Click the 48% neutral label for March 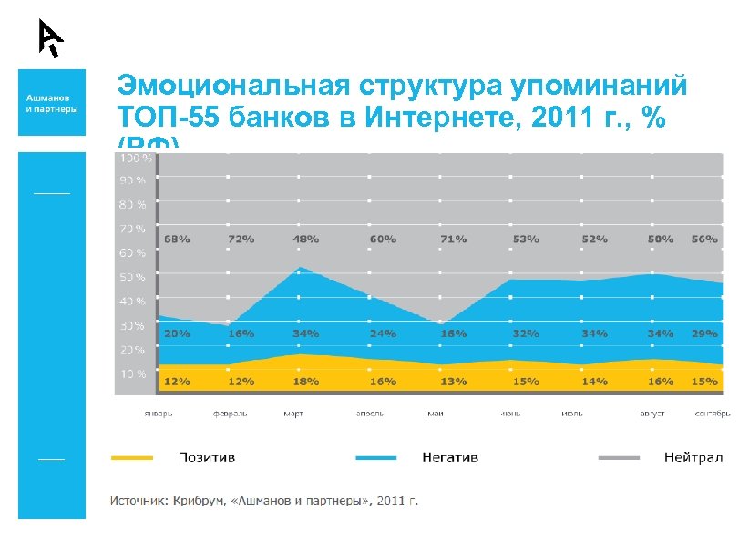305,239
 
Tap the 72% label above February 241,239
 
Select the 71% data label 453,239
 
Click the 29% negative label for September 704,333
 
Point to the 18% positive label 305,382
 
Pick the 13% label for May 453,382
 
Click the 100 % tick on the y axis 132,158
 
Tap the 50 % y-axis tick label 132,277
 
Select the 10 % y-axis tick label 132,373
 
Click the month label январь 158,414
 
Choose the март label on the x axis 293,414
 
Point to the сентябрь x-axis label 711,414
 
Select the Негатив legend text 450,457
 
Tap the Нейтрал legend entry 693,457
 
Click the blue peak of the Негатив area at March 302,269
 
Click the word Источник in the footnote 139,500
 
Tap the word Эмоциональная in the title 233,87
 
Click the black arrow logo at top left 50,37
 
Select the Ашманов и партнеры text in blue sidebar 52,102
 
